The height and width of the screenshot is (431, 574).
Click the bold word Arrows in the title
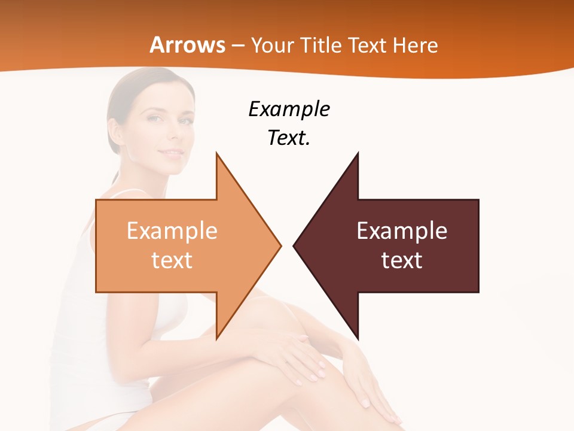[188, 45]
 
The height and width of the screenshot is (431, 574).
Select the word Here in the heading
[416, 45]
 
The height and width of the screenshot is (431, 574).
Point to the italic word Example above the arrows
[289, 110]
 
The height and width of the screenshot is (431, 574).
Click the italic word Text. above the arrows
[289, 138]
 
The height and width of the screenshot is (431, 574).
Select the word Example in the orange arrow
[172, 230]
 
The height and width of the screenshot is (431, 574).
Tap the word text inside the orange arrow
[172, 260]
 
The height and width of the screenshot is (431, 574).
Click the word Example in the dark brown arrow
[402, 230]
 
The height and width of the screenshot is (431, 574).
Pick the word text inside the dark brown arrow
[402, 260]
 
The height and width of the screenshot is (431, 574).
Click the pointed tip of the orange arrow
[280, 245]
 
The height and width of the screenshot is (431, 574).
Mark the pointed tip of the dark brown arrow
[294, 245]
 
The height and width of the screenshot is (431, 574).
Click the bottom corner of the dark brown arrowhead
[358, 338]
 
